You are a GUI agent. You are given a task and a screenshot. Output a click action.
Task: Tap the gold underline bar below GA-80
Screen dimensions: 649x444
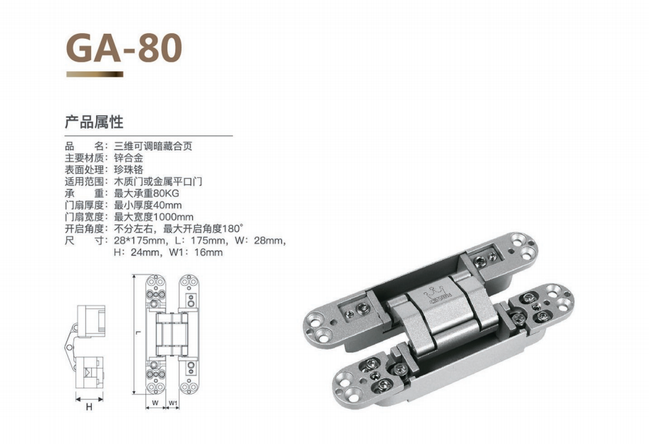pyautogui.click(x=95, y=74)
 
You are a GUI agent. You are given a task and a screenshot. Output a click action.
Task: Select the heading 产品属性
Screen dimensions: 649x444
pyautogui.click(x=94, y=122)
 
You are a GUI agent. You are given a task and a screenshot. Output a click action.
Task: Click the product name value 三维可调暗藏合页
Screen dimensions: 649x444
pyautogui.click(x=153, y=146)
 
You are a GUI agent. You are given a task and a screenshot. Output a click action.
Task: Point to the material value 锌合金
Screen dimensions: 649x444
pyautogui.click(x=129, y=157)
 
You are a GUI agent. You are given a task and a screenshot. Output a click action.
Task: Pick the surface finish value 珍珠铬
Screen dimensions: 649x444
pyautogui.click(x=129, y=169)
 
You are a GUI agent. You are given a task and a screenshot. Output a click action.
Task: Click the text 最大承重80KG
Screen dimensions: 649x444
pyautogui.click(x=146, y=193)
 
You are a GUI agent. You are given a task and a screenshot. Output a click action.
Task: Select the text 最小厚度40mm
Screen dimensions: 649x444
pyautogui.click(x=148, y=205)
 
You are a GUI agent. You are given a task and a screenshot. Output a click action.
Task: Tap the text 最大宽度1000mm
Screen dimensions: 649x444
pyautogui.click(x=153, y=217)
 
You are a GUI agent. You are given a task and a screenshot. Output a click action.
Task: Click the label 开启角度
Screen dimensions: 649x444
pyautogui.click(x=84, y=229)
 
